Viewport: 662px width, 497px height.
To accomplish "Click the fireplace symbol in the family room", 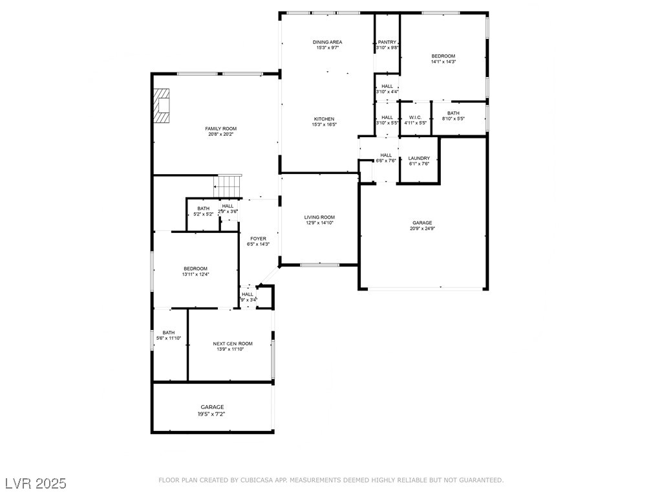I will click(162, 106).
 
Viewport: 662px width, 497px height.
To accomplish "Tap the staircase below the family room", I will click(229, 186).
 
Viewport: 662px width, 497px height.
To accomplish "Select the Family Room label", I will click(220, 129).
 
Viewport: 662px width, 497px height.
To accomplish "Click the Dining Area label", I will click(328, 42).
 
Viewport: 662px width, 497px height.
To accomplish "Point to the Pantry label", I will click(387, 42).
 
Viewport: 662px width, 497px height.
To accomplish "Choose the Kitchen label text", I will click(324, 119).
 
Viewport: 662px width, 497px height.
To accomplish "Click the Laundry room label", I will click(419, 158).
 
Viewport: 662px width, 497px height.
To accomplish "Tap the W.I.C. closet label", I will click(414, 117).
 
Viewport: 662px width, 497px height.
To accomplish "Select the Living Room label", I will click(319, 217).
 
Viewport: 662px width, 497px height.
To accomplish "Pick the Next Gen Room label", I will click(233, 344).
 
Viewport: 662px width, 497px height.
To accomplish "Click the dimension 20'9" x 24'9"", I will click(422, 228).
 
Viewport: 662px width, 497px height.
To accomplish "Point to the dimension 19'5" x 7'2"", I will click(212, 414).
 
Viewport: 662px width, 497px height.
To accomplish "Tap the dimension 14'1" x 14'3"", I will click(443, 62).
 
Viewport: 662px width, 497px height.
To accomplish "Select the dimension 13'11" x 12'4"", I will click(195, 274).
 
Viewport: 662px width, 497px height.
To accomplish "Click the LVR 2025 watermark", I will click(36, 483).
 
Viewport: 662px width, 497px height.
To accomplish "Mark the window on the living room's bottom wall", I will click(319, 264).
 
